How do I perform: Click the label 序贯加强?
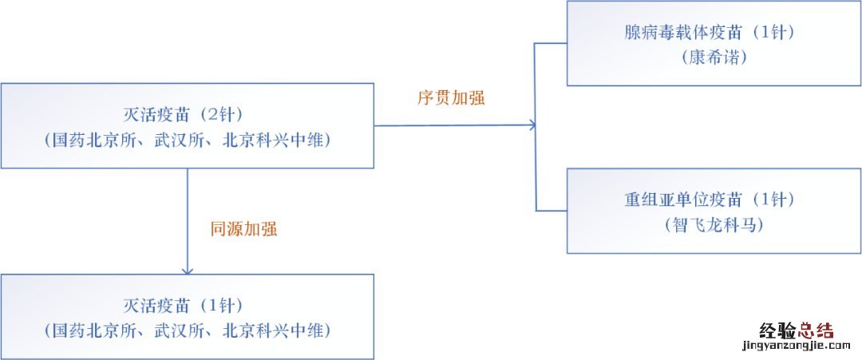click(x=451, y=98)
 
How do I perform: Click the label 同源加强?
click(x=243, y=229)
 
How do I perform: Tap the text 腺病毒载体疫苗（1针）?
click(x=710, y=33)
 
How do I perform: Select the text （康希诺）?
click(x=714, y=58)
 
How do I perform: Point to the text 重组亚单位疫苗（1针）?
click(x=710, y=200)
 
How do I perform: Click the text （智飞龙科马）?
click(x=714, y=225)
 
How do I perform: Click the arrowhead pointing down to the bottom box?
click(x=188, y=270)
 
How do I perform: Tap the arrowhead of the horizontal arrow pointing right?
click(x=532, y=125)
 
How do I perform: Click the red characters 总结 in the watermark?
click(x=817, y=330)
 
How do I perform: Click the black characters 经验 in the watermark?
click(x=778, y=330)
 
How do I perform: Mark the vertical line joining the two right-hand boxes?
click(x=536, y=127)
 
